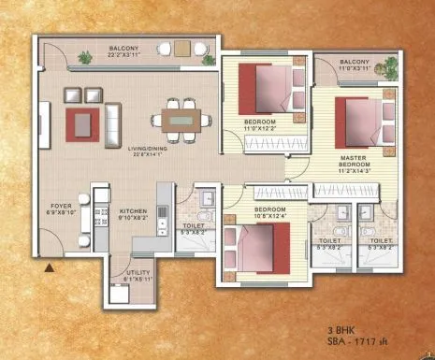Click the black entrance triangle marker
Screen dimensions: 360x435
pos(49,268)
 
